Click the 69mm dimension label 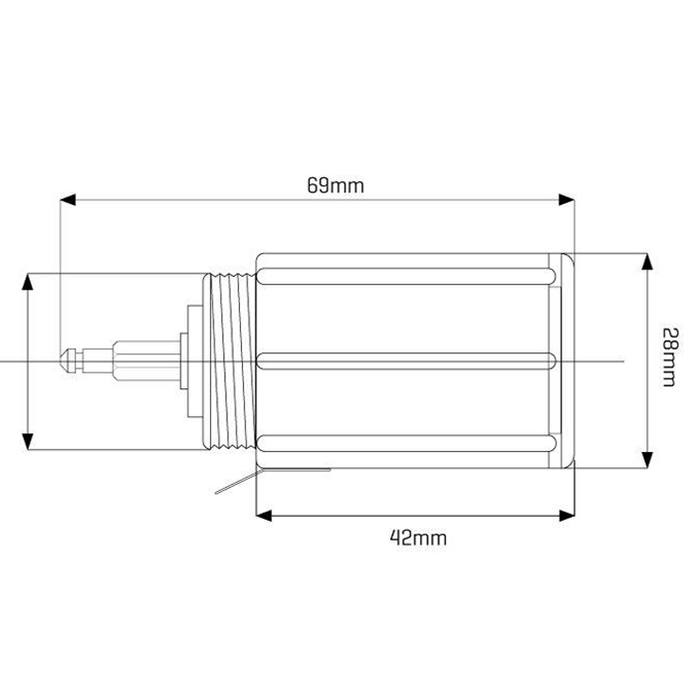336,185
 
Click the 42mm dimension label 417,538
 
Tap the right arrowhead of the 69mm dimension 568,200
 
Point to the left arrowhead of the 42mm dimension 263,515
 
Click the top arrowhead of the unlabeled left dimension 28,281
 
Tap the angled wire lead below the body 234,486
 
